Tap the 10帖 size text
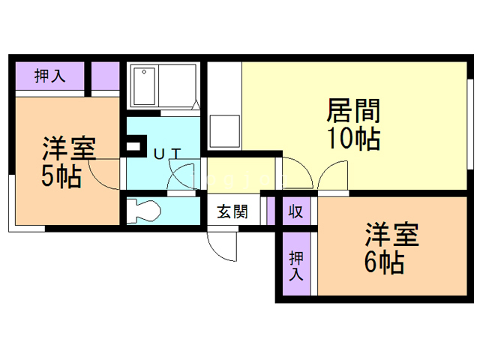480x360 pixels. click(x=352, y=139)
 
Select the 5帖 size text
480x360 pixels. click(x=61, y=178)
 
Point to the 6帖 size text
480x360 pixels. click(x=385, y=262)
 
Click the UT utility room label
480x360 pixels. click(x=166, y=154)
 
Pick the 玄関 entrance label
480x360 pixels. click(x=232, y=211)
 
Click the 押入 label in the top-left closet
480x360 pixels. click(x=50, y=75)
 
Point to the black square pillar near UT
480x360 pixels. click(x=136, y=144)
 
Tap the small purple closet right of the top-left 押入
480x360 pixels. click(x=106, y=76)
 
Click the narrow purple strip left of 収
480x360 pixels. click(x=271, y=210)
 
